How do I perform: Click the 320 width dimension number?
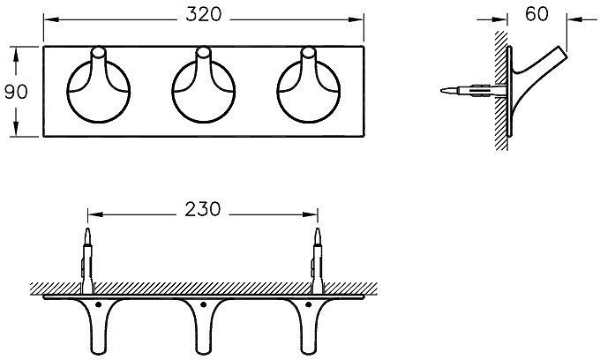(203, 15)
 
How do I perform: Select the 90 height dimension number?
(16, 92)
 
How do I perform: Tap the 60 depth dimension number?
(536, 14)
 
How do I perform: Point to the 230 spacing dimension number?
(203, 210)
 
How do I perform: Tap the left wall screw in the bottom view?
(87, 261)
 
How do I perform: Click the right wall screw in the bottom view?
(318, 261)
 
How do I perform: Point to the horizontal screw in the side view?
(474, 91)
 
